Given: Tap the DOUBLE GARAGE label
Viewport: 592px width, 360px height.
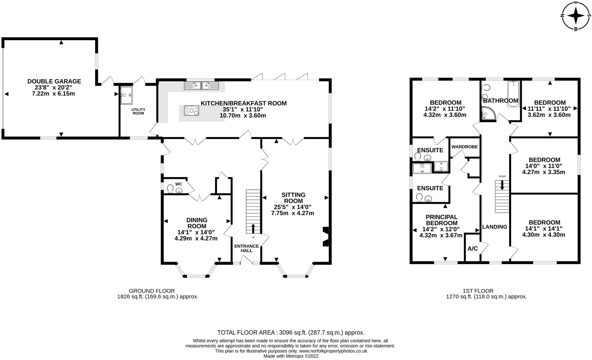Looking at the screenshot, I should click(x=54, y=81).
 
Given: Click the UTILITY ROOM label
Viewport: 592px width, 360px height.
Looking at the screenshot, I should click(x=138, y=111).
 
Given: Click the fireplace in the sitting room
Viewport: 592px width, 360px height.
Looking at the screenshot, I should click(x=325, y=236).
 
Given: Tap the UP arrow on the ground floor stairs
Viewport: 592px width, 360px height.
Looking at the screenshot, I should click(x=253, y=228).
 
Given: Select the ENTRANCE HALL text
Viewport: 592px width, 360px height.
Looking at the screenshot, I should click(x=246, y=248).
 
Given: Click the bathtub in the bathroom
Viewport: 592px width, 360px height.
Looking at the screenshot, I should click(x=513, y=94).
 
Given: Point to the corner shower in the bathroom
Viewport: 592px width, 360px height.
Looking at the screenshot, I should click(x=488, y=114).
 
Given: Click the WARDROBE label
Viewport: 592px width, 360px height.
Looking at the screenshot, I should click(x=465, y=147).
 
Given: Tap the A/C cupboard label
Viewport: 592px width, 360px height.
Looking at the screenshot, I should click(x=473, y=249).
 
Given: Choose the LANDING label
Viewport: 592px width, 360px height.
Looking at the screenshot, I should click(x=495, y=227).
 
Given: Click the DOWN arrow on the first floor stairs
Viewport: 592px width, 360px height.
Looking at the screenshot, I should click(x=502, y=185).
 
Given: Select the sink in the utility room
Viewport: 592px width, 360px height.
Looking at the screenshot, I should click(x=126, y=95).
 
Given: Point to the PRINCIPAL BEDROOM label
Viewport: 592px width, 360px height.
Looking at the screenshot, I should click(x=441, y=220).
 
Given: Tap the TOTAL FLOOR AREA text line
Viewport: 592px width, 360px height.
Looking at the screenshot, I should click(x=291, y=333).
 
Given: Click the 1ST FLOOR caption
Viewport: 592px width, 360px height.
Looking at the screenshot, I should click(x=486, y=291).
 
